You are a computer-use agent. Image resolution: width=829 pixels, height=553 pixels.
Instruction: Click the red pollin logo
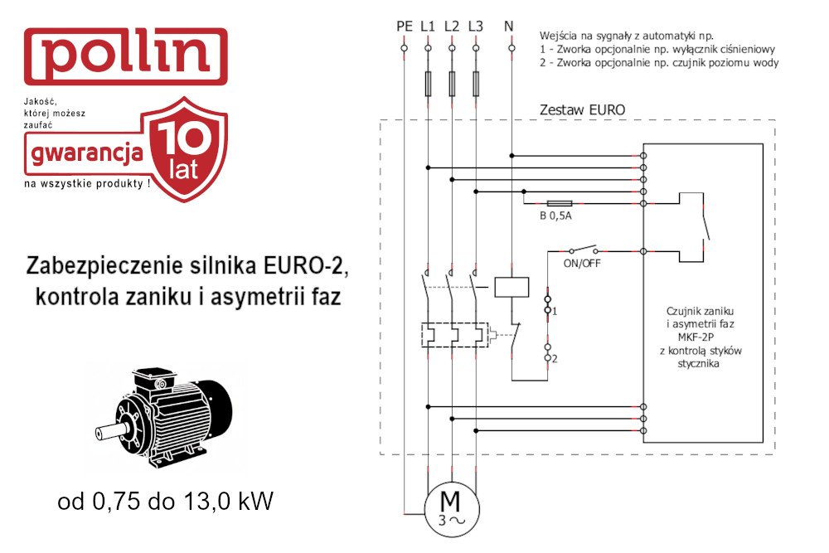click(x=125, y=56)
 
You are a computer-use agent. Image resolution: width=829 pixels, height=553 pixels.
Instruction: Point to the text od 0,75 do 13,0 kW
click(x=166, y=502)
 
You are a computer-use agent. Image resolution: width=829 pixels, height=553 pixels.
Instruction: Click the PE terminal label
click(x=405, y=26)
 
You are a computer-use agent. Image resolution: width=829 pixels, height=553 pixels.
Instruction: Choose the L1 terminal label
click(x=428, y=26)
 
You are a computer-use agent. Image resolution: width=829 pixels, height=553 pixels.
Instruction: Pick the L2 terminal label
click(x=452, y=26)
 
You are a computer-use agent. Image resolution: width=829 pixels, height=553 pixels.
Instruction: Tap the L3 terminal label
click(x=475, y=26)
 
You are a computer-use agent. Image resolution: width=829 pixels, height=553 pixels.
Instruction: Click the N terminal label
click(x=508, y=26)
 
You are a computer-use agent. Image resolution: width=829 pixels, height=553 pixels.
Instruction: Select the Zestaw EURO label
click(x=582, y=109)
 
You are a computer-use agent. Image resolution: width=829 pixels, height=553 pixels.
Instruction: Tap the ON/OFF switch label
click(x=582, y=265)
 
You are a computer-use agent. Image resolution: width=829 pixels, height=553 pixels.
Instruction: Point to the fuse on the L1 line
click(x=428, y=84)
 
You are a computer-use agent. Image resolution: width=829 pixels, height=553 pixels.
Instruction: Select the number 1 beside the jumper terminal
click(x=555, y=310)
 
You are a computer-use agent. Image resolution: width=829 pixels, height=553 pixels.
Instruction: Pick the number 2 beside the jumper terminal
click(x=555, y=358)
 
